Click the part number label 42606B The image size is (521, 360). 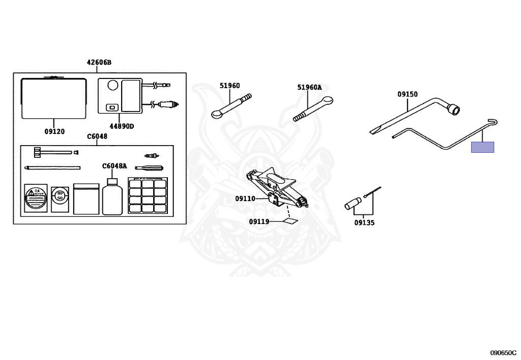(99, 63)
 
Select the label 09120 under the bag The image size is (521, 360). (54, 131)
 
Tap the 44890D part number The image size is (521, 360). (121, 125)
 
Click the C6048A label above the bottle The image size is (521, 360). (114, 166)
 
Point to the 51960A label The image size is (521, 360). (309, 87)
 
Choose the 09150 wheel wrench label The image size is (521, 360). (407, 94)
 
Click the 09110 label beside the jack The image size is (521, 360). (245, 199)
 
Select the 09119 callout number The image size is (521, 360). (259, 221)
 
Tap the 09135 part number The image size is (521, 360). (364, 223)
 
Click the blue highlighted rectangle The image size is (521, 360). (482, 147)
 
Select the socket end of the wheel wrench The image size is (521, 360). (453, 108)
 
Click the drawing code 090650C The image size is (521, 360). (503, 352)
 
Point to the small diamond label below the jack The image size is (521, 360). (291, 221)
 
